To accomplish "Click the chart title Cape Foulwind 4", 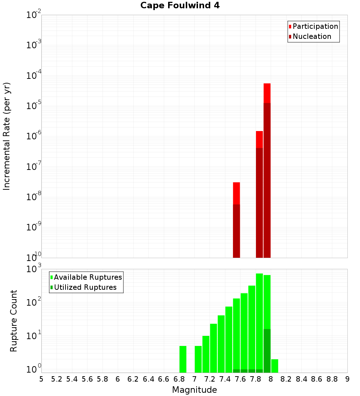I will coord(180,6).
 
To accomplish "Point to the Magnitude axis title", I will coord(194,390).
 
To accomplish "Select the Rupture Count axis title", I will coord(14,321).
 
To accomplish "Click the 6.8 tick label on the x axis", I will coord(179,379).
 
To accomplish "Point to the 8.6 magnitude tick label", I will coord(317,379).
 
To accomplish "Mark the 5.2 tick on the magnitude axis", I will coord(57,379).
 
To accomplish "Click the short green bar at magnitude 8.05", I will coord(275,366).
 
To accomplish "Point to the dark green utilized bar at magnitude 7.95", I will coord(267,351).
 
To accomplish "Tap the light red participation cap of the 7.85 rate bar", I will coord(260,139).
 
